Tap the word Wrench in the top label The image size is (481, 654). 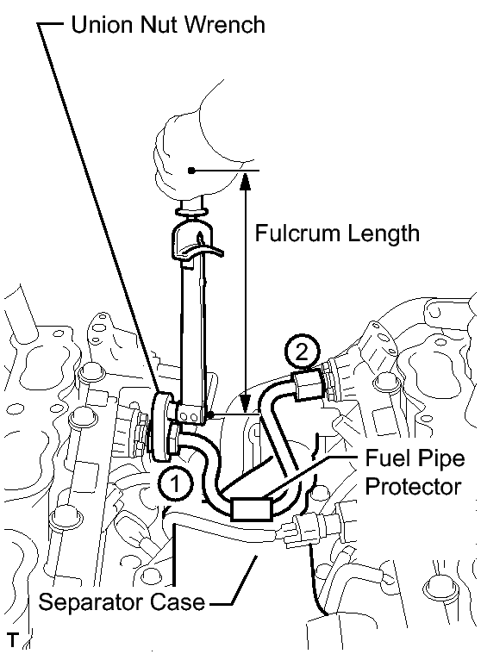click(224, 24)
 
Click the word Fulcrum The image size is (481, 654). click(298, 233)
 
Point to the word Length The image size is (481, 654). click(384, 234)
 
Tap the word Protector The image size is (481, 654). click(413, 486)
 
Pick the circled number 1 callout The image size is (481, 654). click(175, 484)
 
